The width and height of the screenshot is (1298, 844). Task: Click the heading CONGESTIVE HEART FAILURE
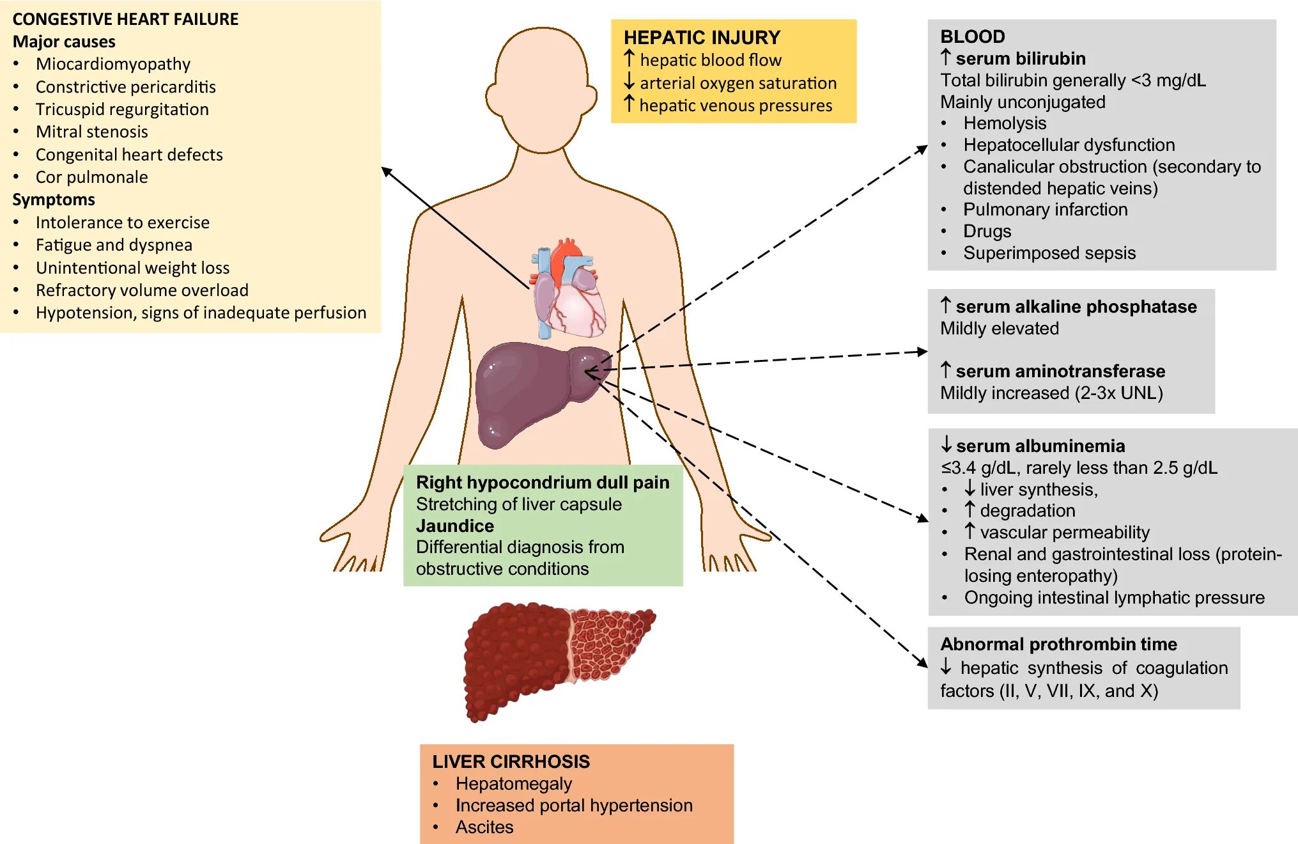[125, 19]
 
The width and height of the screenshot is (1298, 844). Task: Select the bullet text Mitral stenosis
[91, 132]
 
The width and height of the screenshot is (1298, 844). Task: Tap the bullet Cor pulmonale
[91, 177]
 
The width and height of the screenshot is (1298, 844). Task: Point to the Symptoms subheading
[54, 199]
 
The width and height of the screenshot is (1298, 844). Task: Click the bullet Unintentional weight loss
[132, 267]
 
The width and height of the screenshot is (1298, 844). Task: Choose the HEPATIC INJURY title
[702, 37]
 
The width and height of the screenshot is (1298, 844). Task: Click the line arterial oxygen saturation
[738, 83]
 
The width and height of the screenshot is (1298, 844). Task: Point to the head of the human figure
[542, 90]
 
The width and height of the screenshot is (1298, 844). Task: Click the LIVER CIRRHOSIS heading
[511, 762]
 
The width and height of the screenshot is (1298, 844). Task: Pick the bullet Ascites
[484, 827]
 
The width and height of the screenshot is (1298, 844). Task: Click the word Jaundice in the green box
[455, 526]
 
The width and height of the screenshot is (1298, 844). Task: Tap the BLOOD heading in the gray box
[973, 36]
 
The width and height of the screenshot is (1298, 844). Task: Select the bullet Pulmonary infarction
[1045, 210]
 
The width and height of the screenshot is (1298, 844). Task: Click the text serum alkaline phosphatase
[1076, 307]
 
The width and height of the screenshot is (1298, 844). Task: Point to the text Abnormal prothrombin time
[1058, 644]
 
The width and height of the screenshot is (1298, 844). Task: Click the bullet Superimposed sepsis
[1049, 253]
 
